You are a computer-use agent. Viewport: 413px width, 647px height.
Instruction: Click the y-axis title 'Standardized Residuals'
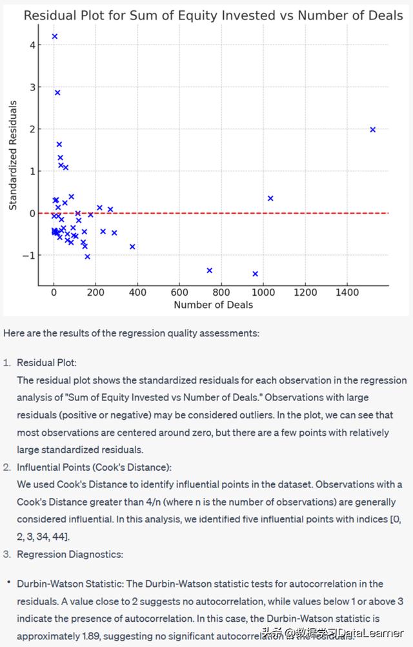(13, 155)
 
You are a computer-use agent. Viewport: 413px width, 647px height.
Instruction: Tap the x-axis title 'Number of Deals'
(213, 305)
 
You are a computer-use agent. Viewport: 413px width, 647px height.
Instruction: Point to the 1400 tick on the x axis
(347, 292)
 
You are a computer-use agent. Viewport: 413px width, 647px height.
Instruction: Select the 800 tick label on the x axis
(221, 292)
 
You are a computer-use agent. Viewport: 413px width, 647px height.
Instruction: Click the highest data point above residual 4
(55, 36)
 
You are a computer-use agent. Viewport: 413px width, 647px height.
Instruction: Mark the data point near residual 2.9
(57, 92)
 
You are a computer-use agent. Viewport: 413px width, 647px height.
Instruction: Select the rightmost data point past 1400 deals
(372, 130)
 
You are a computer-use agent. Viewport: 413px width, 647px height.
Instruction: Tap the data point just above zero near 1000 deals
(270, 198)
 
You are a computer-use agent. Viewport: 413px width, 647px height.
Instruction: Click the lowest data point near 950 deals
(255, 274)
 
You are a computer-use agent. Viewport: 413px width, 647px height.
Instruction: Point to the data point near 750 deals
(209, 271)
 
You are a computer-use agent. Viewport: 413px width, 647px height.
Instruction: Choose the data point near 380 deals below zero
(132, 247)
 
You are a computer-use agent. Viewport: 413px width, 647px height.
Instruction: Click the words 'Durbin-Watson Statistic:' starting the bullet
(65, 584)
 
